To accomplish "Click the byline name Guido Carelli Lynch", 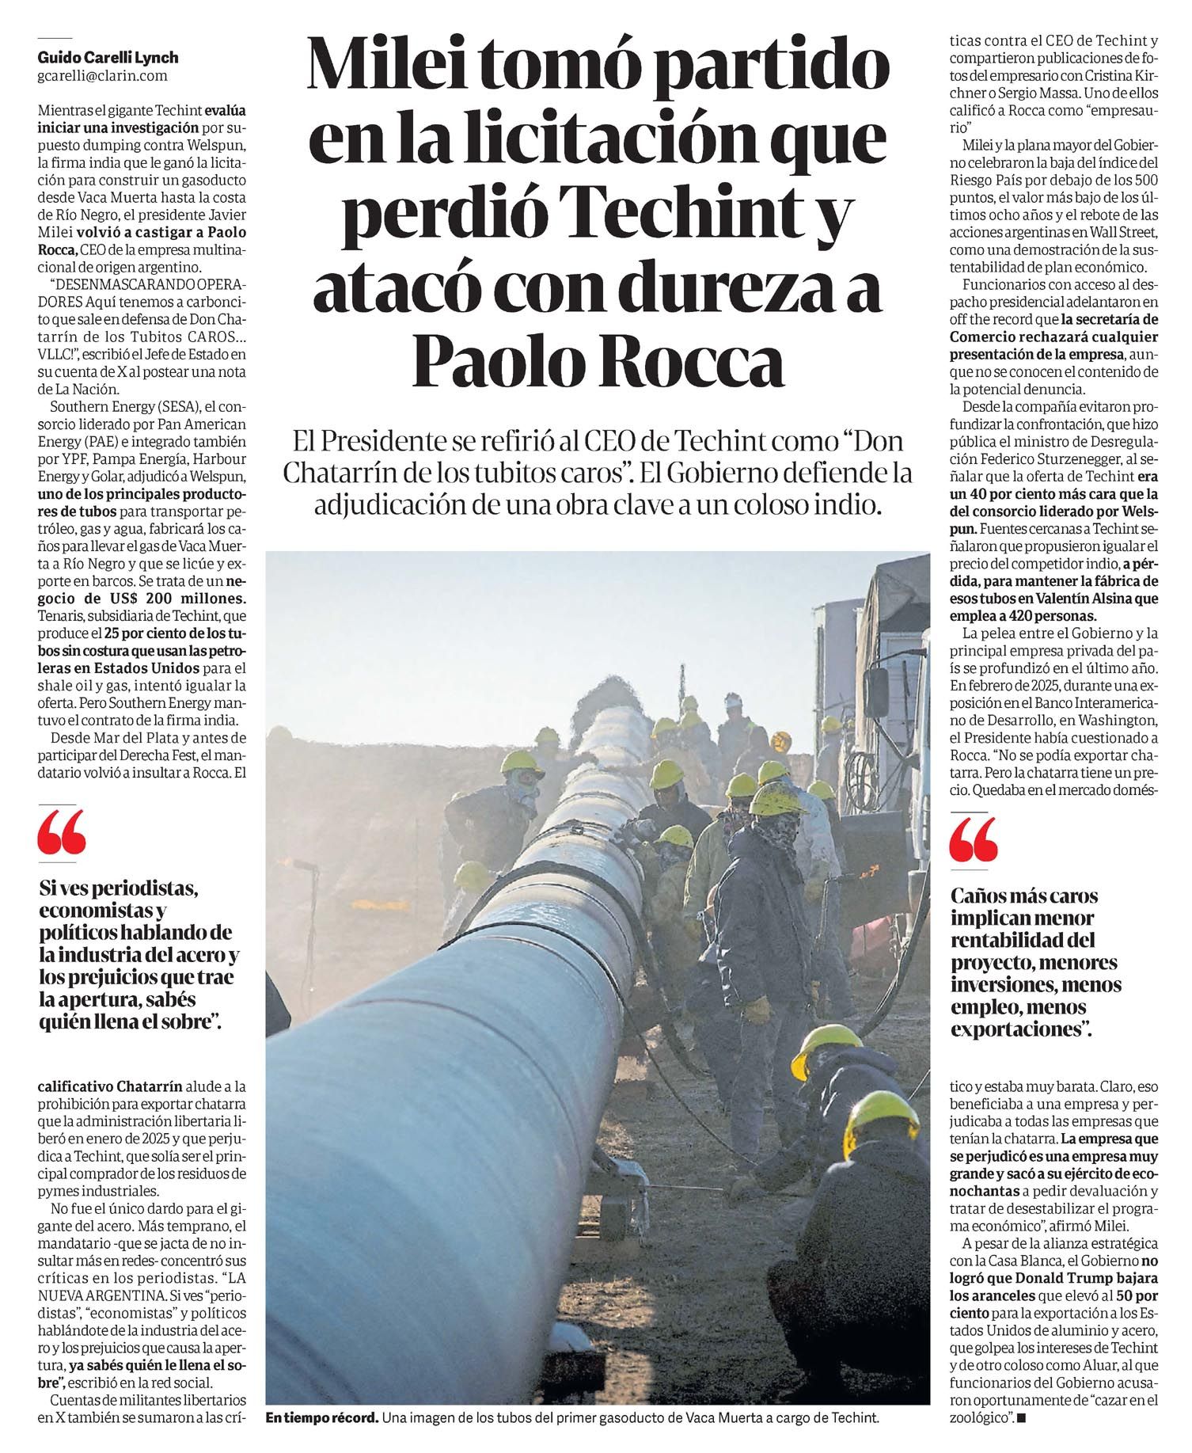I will coord(108,58).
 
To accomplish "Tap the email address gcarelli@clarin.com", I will coord(102,76).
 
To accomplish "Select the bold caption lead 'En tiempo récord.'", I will coord(321,1417).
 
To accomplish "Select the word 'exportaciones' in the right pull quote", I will coord(1015,1030).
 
